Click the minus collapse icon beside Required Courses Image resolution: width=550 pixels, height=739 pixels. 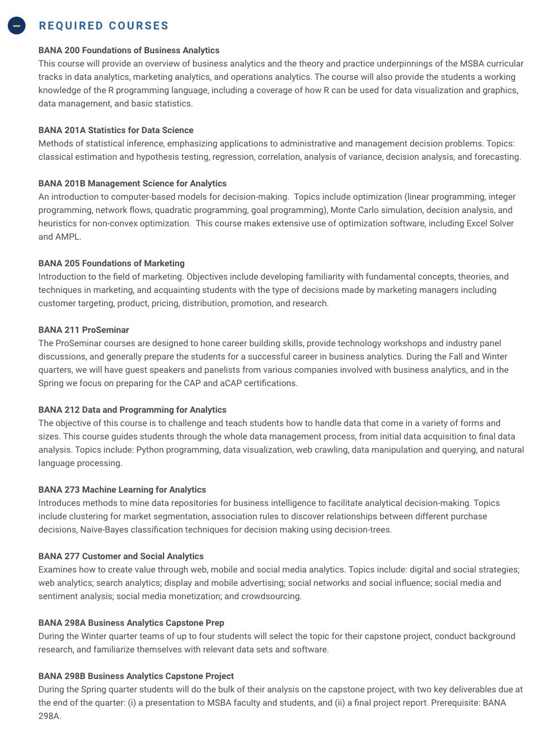tap(17, 26)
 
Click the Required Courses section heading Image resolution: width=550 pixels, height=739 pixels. tap(104, 26)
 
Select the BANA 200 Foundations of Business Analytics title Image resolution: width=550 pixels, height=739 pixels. tap(129, 50)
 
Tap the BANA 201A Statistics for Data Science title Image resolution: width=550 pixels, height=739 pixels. tap(116, 130)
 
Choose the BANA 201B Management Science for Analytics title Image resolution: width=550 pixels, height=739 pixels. tap(133, 184)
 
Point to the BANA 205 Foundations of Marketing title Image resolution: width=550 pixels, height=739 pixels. tap(111, 264)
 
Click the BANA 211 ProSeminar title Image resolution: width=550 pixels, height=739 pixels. tap(84, 330)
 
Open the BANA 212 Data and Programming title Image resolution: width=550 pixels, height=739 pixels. tap(133, 410)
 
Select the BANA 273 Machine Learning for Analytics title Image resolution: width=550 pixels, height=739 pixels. tap(122, 490)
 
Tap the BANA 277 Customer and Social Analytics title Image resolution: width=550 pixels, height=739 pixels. tap(121, 556)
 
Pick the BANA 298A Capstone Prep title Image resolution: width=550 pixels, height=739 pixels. tap(131, 623)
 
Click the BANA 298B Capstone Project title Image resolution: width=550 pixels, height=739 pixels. tap(136, 676)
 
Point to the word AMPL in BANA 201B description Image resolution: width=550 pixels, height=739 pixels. tap(68, 237)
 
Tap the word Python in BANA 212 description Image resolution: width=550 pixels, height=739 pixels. tap(150, 450)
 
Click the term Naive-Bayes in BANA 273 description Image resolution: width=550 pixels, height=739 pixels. tap(104, 530)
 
